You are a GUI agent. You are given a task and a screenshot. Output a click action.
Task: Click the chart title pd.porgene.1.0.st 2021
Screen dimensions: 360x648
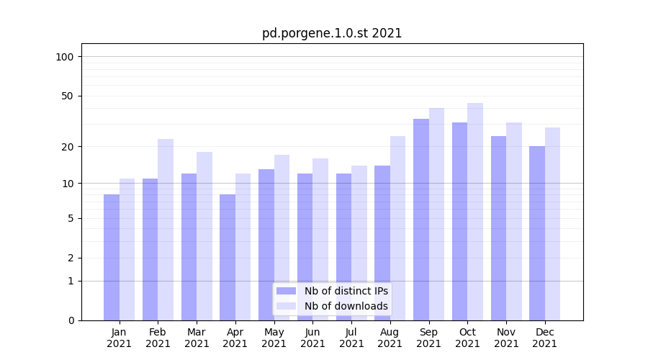(332, 33)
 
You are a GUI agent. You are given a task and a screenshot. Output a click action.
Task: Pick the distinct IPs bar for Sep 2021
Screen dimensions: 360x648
(421, 220)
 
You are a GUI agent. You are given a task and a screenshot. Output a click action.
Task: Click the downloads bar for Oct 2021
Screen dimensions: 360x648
(475, 212)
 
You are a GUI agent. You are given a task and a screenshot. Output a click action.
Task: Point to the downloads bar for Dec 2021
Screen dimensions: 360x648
(552, 224)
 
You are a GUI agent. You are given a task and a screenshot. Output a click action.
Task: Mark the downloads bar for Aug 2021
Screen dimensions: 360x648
(397, 228)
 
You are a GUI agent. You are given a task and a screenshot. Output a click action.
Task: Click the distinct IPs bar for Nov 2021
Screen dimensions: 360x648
(498, 228)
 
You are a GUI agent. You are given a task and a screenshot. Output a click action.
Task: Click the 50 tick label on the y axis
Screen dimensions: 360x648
(68, 96)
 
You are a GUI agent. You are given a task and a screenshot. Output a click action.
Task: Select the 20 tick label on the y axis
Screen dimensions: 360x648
(68, 146)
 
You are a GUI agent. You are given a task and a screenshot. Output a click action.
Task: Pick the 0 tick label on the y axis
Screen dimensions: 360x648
(71, 320)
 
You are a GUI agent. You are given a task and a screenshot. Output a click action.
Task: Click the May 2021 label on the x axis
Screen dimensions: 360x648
(274, 338)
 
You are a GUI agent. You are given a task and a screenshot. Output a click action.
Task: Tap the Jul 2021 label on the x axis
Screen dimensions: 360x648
(351, 338)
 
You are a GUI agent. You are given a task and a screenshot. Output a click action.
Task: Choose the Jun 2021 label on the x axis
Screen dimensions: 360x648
(312, 338)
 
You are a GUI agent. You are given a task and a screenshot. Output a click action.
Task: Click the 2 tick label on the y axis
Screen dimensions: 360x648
(71, 258)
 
